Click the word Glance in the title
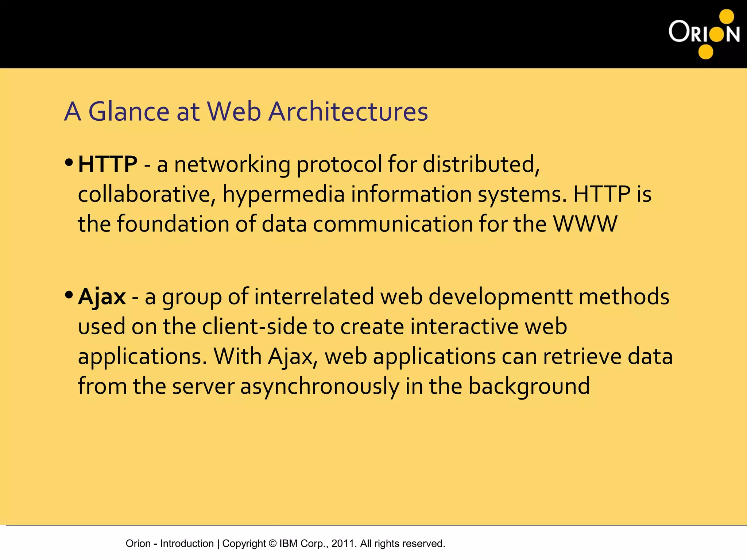[x=129, y=111]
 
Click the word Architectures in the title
[x=348, y=111]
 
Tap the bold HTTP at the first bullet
[x=108, y=164]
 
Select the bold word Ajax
[x=102, y=296]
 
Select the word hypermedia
[x=284, y=194]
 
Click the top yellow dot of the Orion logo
[x=726, y=17]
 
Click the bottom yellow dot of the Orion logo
[x=705, y=51]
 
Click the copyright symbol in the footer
[x=272, y=544]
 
